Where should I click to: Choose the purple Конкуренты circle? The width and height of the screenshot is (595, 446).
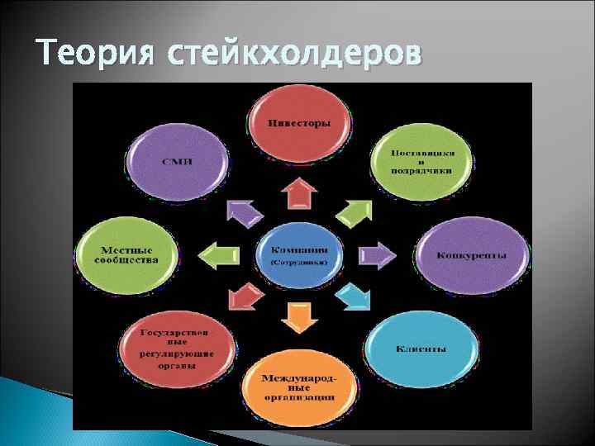(471, 255)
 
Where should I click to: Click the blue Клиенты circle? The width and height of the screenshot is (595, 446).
(421, 348)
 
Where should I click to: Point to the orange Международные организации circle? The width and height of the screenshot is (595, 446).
(298, 385)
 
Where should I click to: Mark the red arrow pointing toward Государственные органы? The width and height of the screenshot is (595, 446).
(245, 293)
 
